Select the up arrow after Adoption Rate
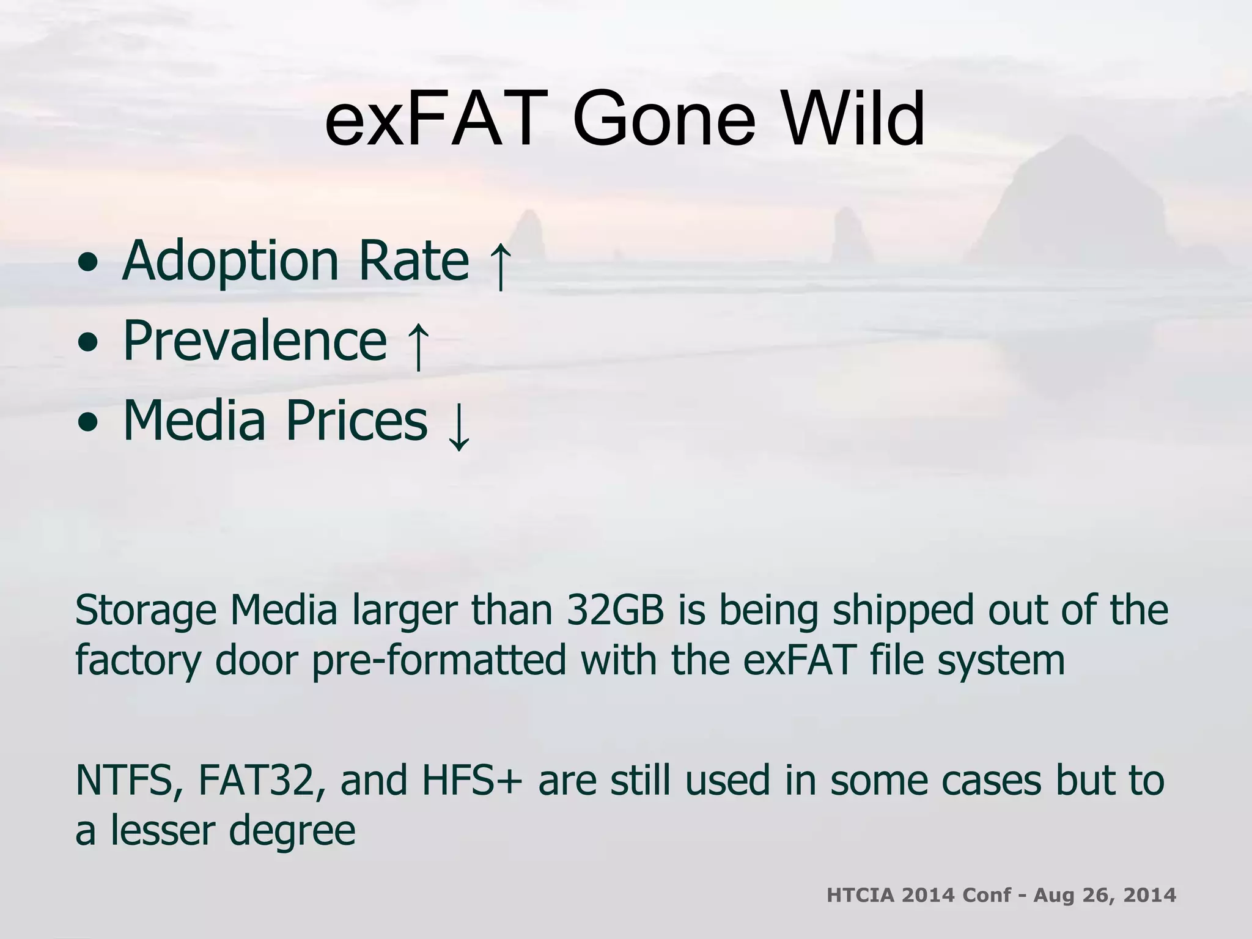(500, 266)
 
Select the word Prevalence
(255, 341)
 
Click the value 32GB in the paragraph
(615, 611)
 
